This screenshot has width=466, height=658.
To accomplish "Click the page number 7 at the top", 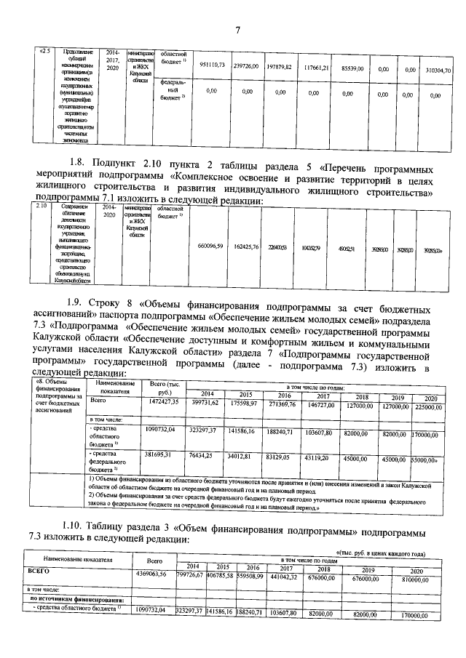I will pos(237,29).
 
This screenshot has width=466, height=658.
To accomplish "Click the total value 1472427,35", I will pos(163,401).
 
